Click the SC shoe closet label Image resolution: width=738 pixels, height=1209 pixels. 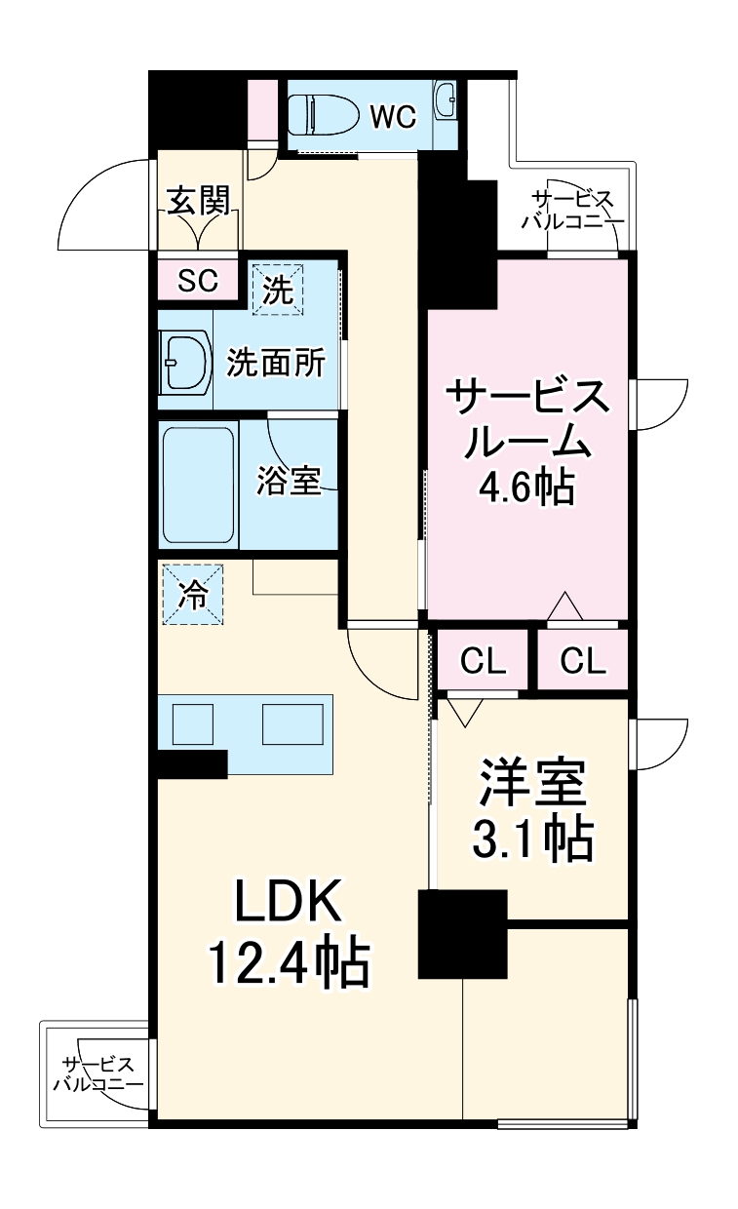(x=197, y=281)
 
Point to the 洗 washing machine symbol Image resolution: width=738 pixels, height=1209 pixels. (x=279, y=290)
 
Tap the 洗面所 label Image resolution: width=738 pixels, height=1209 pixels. (x=276, y=364)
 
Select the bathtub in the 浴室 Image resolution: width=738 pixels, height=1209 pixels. (x=198, y=485)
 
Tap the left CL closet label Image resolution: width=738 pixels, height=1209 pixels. (x=484, y=663)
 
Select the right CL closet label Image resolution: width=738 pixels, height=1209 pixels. (x=583, y=663)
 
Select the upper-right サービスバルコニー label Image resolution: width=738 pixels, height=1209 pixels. (x=572, y=211)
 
